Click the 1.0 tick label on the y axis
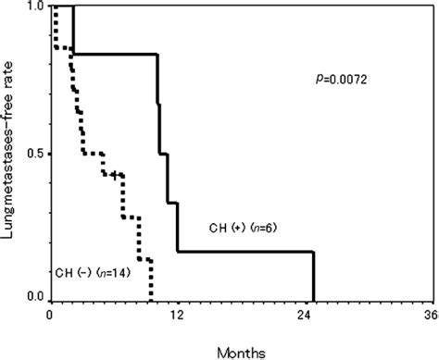38,7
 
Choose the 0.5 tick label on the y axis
38,154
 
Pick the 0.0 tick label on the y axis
38,298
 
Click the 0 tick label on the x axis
51,314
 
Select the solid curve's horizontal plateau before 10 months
116,54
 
